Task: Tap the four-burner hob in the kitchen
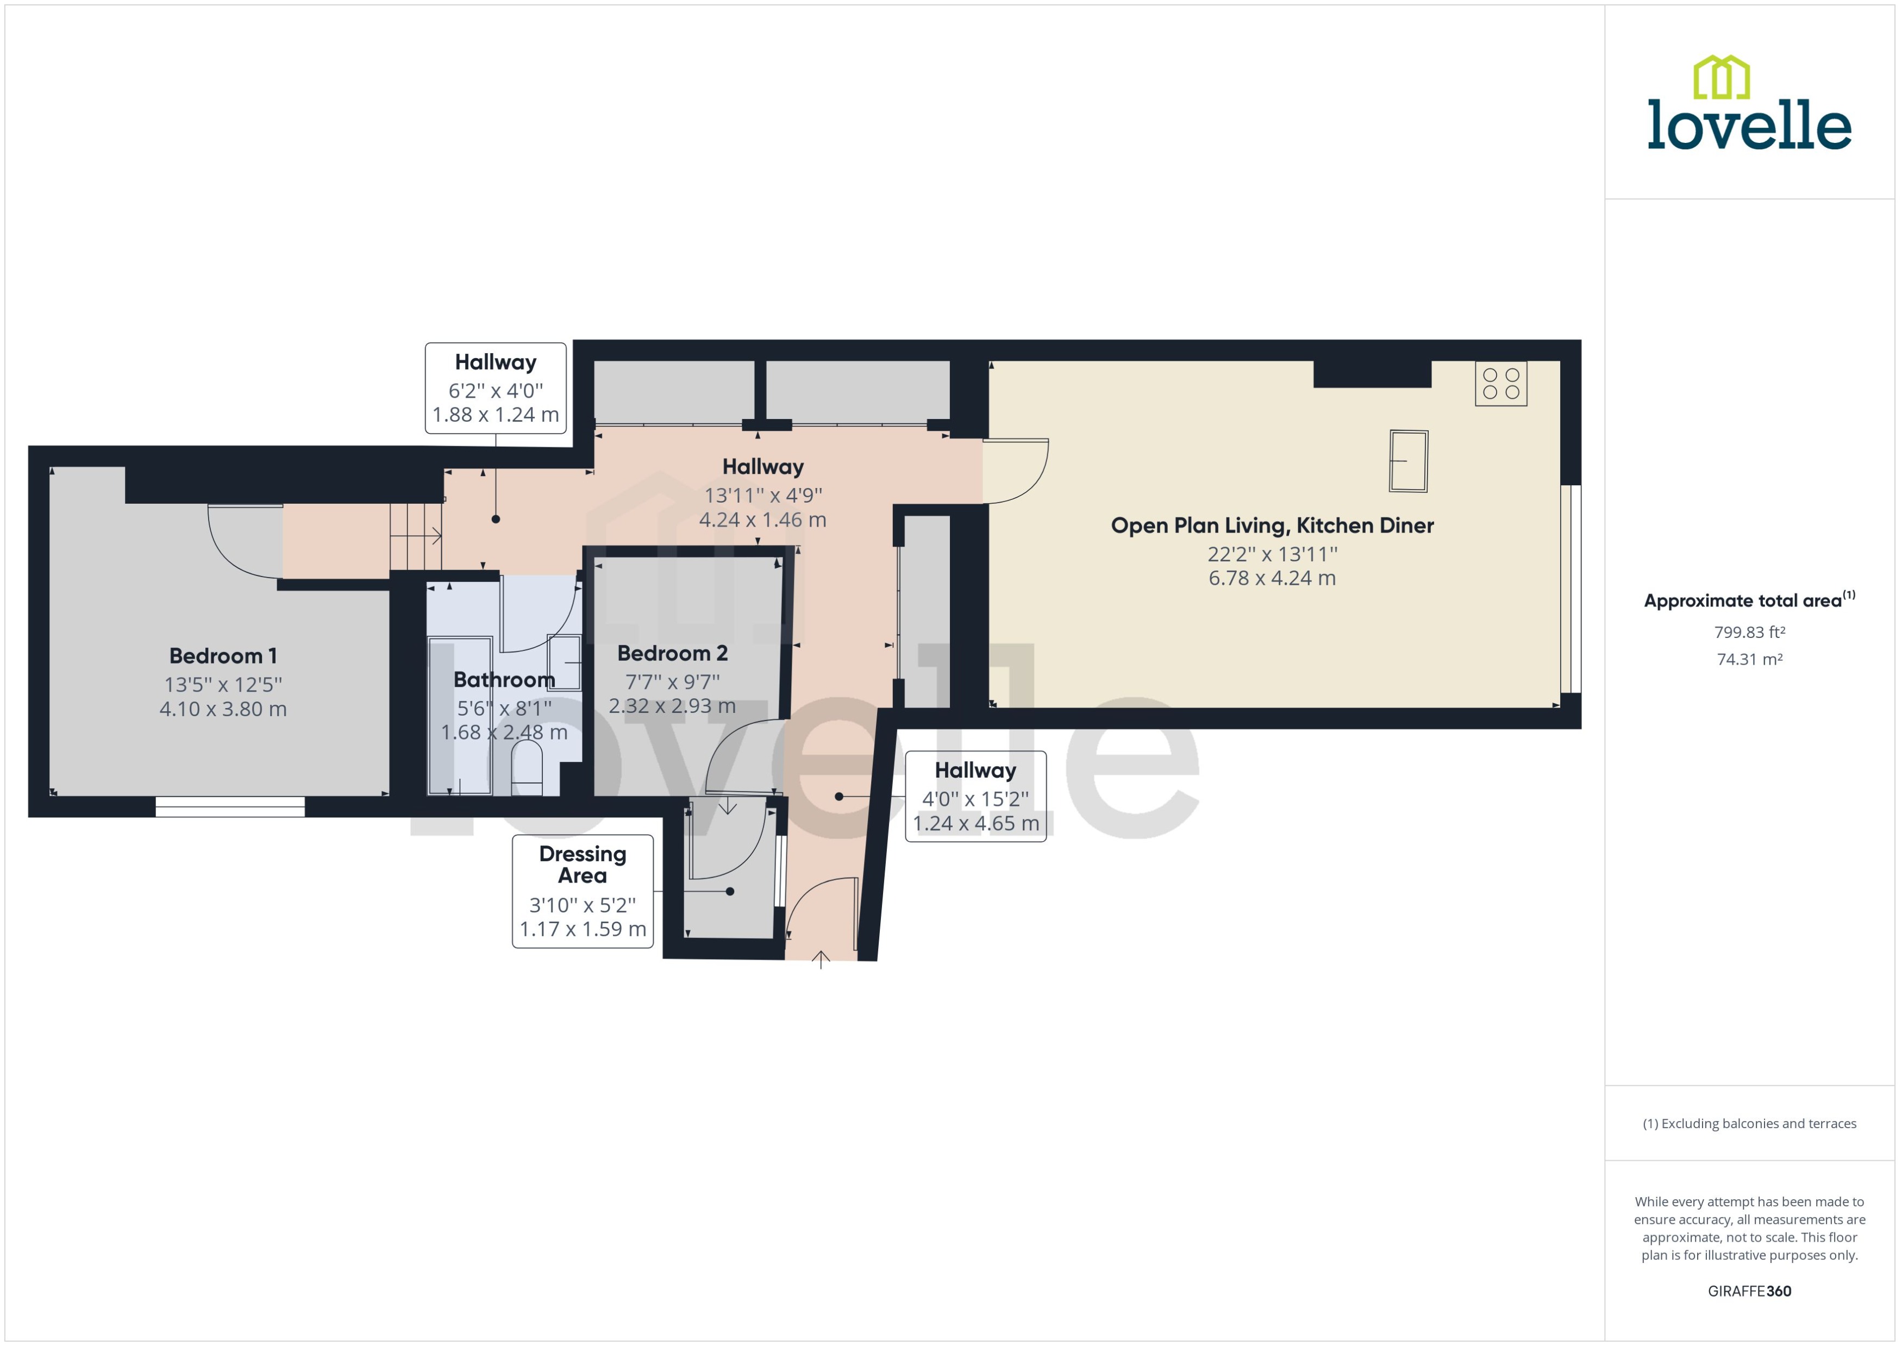1500,384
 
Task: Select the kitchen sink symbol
1408,461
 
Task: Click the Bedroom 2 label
672,653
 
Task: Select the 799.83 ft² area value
1749,633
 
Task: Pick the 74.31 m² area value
1749,660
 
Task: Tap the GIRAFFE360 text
1749,1291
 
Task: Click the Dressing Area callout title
583,865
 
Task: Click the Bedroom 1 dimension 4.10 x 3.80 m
223,710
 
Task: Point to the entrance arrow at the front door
821,960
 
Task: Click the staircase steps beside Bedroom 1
415,537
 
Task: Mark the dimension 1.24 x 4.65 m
975,824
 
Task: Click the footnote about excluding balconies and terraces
1749,1124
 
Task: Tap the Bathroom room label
504,680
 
